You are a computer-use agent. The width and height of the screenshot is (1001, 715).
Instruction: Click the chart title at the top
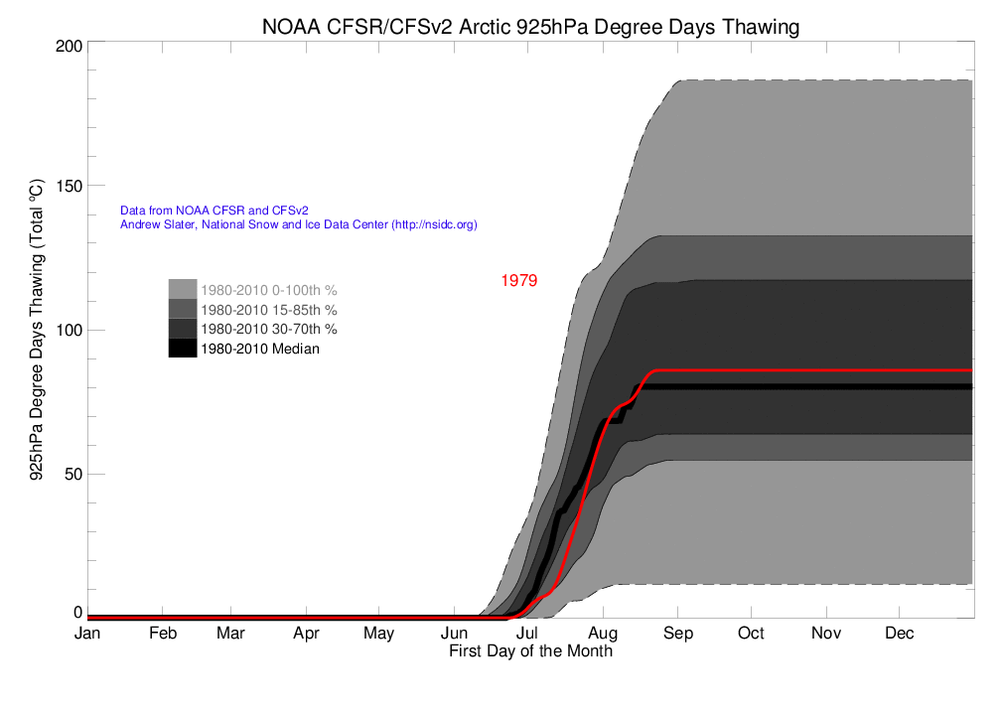point(530,27)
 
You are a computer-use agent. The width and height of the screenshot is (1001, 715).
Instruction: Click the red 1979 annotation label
point(518,281)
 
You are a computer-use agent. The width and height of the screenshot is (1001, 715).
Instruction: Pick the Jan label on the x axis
point(87,634)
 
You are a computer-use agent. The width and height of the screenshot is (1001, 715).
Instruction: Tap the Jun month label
point(455,634)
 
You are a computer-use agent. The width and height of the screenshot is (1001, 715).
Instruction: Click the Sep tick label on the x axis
point(677,634)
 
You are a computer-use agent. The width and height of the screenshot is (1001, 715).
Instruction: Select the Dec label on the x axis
point(900,634)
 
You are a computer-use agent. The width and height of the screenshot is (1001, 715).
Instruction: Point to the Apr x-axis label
point(306,634)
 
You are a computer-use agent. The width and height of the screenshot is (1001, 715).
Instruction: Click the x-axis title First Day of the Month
point(530,651)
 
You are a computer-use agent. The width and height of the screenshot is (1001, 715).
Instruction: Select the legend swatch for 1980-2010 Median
point(182,349)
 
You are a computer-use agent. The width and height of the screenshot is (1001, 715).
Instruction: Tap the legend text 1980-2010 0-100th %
point(269,291)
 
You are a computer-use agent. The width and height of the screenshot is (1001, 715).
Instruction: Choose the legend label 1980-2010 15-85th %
point(269,310)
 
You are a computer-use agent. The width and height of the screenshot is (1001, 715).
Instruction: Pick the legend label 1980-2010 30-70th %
point(269,329)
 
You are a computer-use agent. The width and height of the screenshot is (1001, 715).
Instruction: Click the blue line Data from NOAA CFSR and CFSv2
point(214,211)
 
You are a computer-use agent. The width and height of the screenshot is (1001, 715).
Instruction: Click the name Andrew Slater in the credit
point(153,225)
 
